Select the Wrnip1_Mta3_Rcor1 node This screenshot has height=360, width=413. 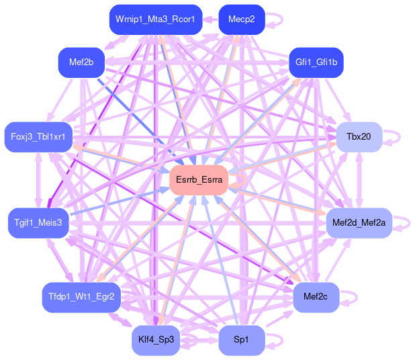coord(155,19)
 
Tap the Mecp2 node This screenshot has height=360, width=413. coord(241,19)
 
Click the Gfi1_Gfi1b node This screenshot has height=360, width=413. coord(316,62)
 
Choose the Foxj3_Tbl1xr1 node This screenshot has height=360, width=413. coord(38,137)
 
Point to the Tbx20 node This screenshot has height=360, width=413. coord(359,137)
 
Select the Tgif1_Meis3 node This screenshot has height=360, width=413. coord(38,222)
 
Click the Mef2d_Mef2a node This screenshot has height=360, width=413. coord(359,222)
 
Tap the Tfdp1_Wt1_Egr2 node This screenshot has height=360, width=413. coord(81,296)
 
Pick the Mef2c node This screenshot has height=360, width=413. coord(316,296)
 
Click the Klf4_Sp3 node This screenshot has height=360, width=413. coord(155,340)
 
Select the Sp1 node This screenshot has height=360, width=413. coord(241,340)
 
